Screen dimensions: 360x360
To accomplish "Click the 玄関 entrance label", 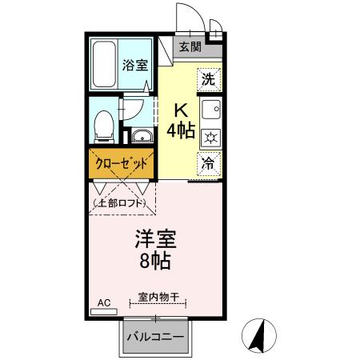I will tap(190, 46).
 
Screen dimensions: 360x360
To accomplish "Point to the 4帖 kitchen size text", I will tap(180, 131).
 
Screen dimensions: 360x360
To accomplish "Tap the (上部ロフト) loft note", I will tap(121, 204).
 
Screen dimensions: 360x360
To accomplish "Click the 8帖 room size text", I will tap(155, 261).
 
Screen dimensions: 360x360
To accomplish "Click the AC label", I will tap(102, 302).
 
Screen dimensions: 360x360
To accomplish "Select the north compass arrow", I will tap(260, 336).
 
